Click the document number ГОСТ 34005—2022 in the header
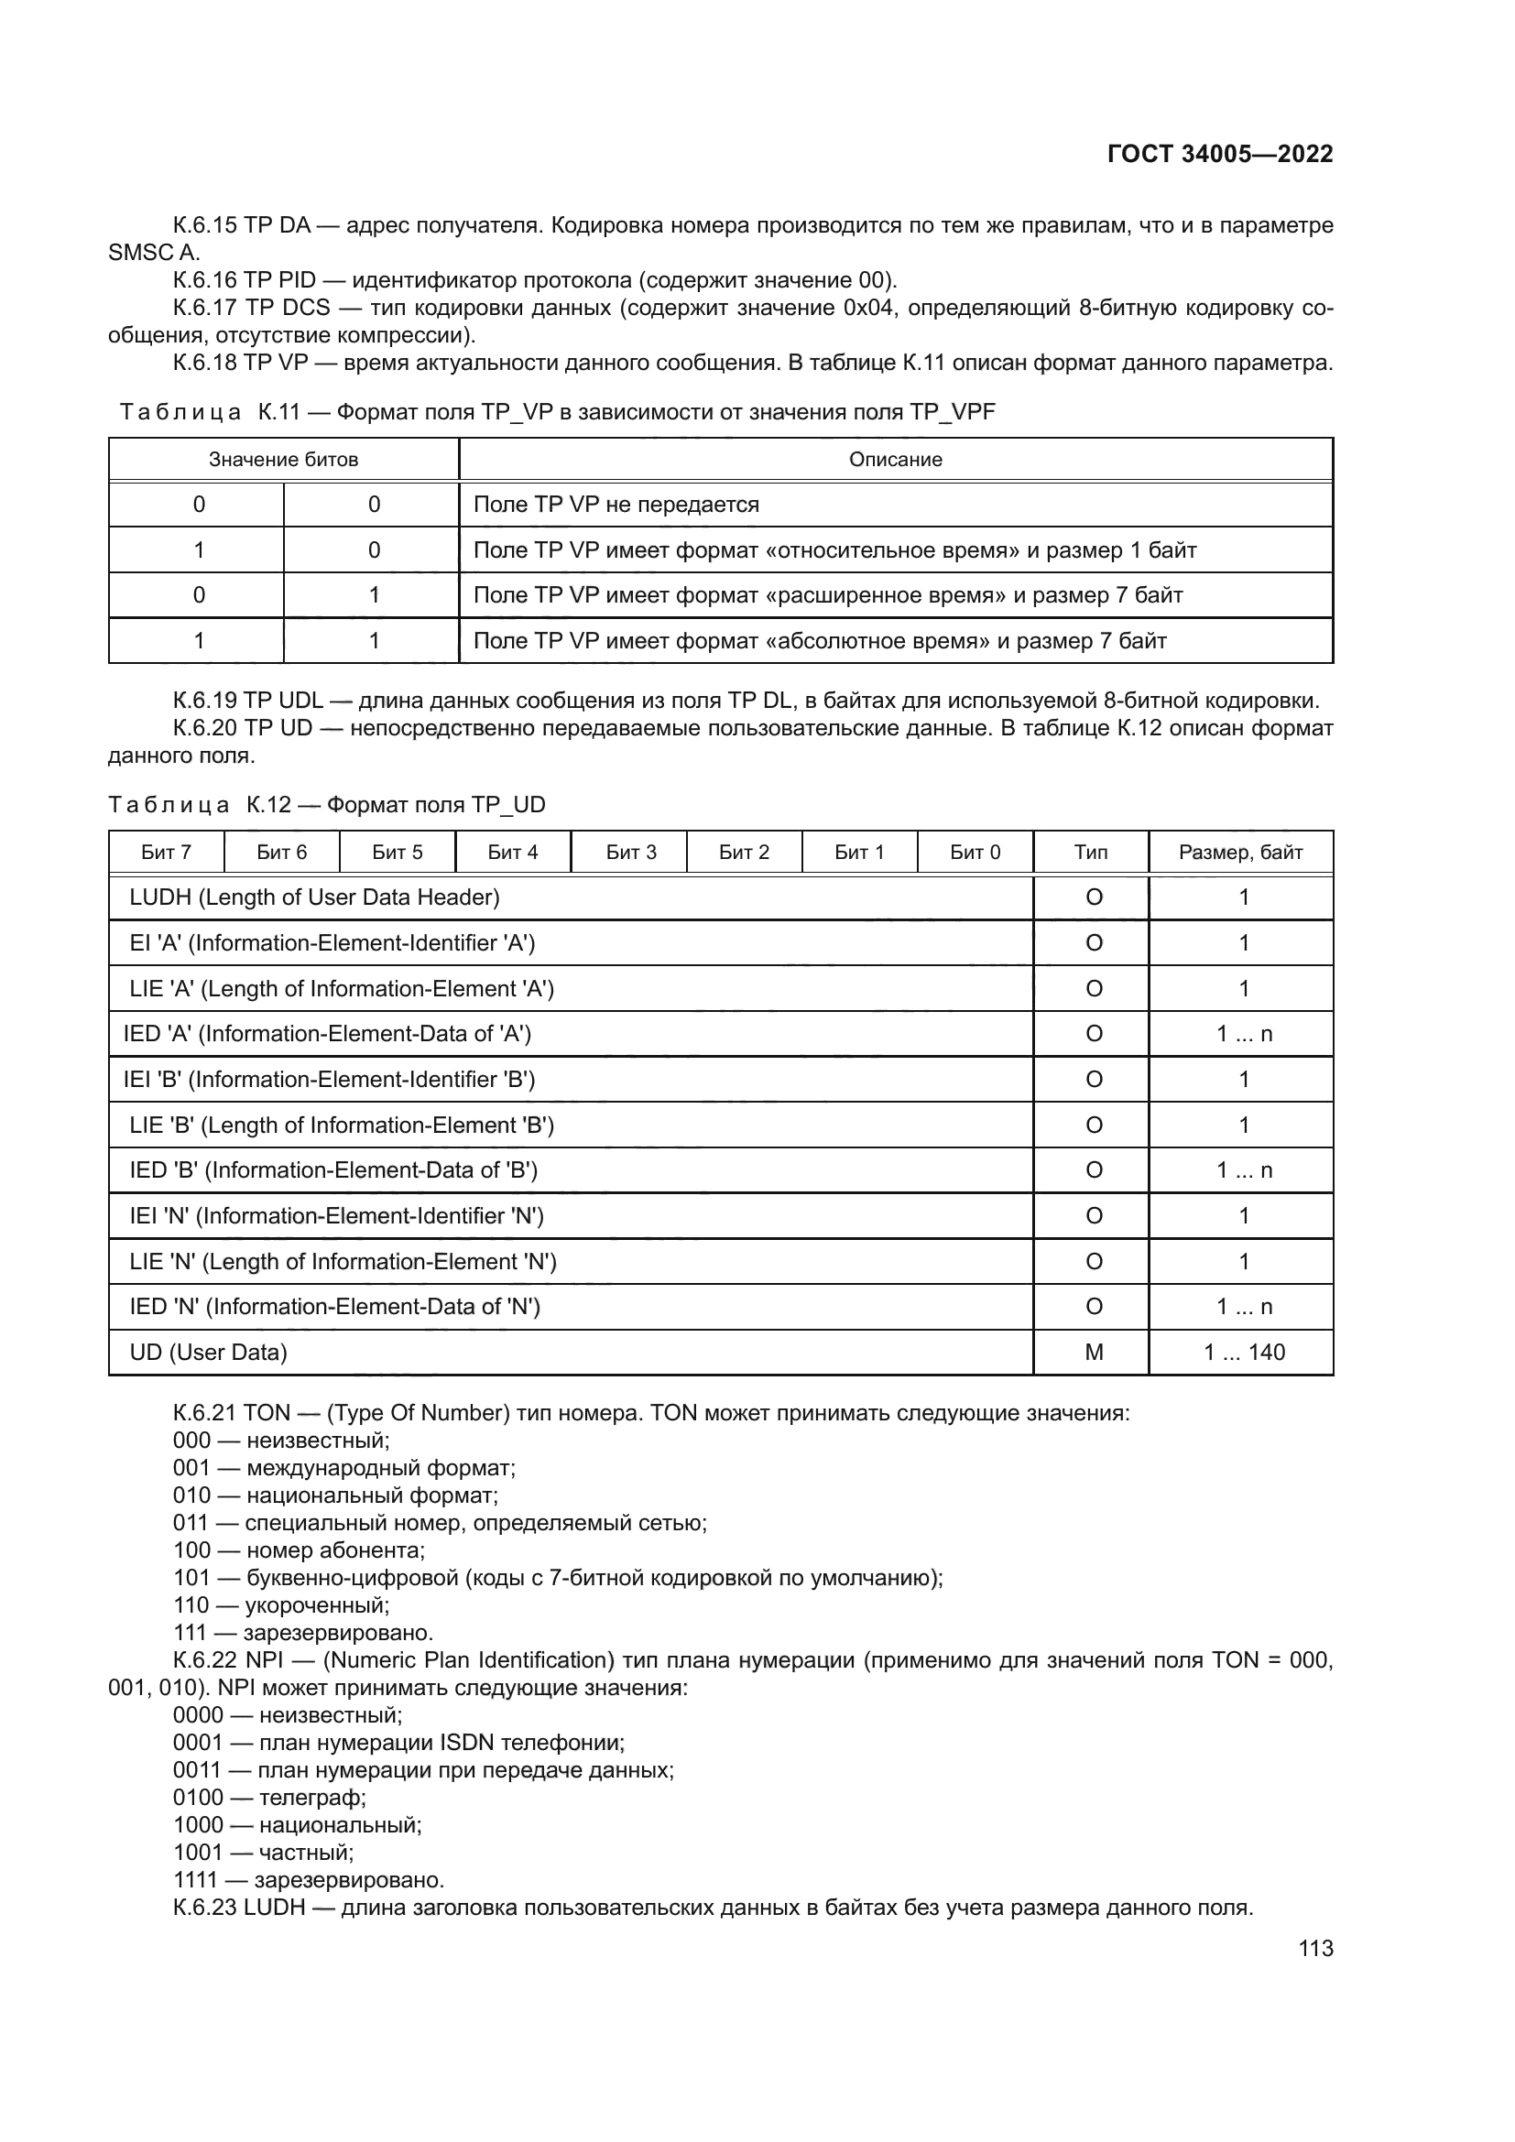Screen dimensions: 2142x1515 1219,154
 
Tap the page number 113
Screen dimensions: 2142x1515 1315,1948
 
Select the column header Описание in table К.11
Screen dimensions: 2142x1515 895,459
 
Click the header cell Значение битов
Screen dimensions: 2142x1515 284,459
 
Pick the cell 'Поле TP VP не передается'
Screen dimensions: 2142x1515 616,505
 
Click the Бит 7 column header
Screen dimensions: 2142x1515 166,852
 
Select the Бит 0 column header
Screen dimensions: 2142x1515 975,852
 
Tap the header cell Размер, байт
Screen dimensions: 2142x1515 1240,852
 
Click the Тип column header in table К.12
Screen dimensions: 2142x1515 1091,852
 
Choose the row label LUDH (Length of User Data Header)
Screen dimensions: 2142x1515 314,897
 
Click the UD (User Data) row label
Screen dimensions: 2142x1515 208,1353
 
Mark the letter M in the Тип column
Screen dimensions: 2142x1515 1094,1353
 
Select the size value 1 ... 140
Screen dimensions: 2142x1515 1244,1353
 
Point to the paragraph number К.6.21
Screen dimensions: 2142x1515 205,1413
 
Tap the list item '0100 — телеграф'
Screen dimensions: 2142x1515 269,1798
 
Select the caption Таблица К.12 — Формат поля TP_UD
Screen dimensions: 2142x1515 326,805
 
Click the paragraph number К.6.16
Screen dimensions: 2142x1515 205,281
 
